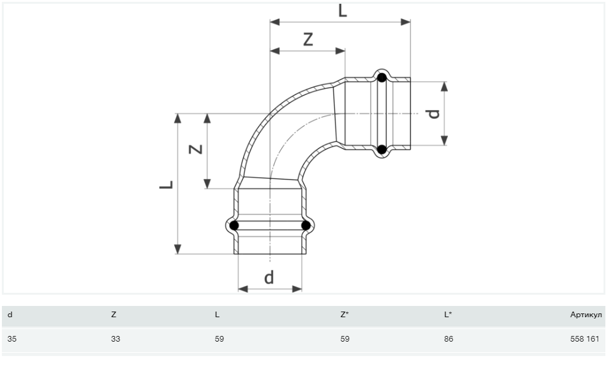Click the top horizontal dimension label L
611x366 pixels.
click(x=342, y=10)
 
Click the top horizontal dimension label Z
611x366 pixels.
click(x=307, y=39)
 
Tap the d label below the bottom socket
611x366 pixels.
click(x=269, y=277)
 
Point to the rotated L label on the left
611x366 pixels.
click(x=166, y=184)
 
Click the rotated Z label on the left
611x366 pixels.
click(x=196, y=150)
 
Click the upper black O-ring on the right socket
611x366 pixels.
click(x=382, y=78)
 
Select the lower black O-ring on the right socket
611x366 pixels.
click(x=382, y=150)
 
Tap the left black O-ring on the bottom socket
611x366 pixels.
click(x=234, y=225)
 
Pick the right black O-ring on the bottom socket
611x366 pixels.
click(x=305, y=225)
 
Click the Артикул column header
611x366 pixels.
click(x=586, y=315)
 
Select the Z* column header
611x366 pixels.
click(x=344, y=315)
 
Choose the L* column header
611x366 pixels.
click(x=448, y=315)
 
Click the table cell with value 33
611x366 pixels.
click(x=114, y=339)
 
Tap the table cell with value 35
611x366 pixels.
click(x=11, y=339)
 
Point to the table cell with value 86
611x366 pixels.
click(x=448, y=339)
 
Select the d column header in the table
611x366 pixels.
click(x=9, y=315)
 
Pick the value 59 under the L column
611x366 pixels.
click(x=219, y=339)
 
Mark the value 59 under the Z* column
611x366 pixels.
click(x=345, y=339)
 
